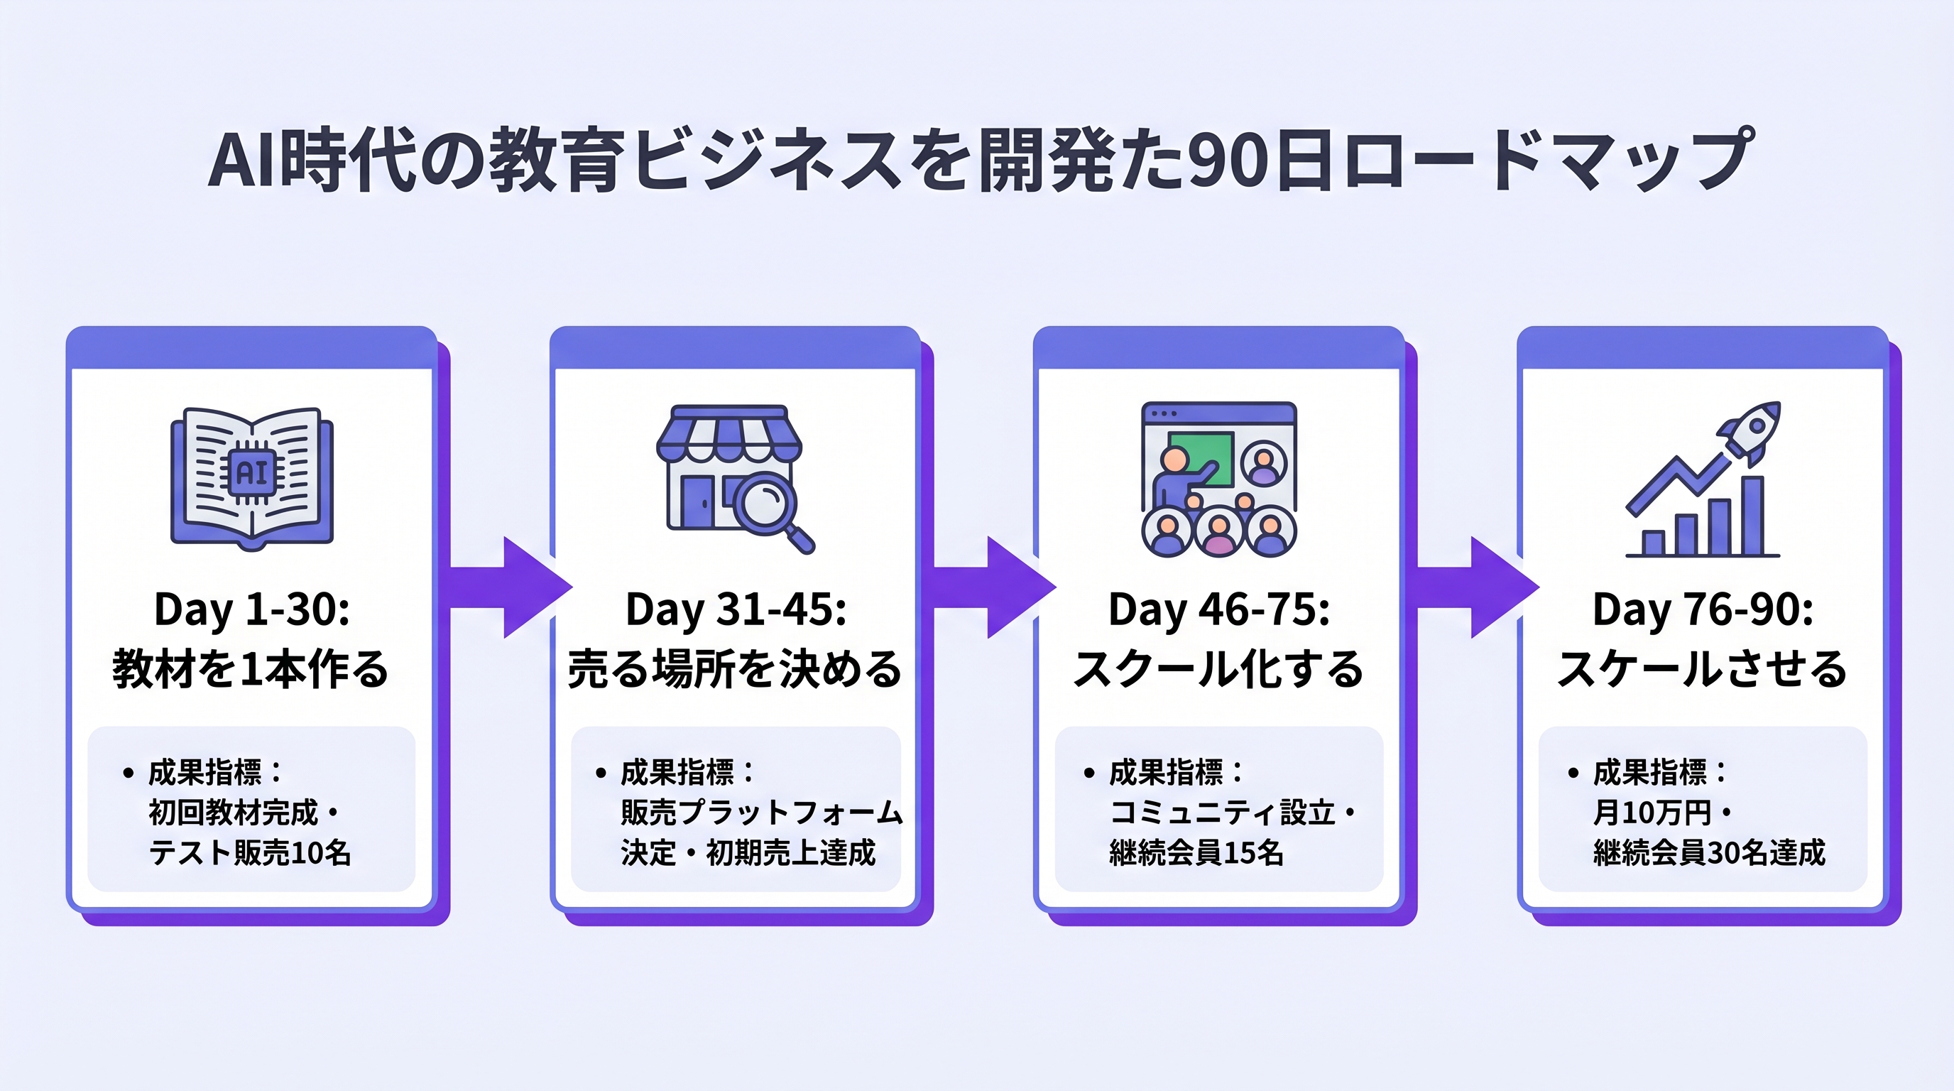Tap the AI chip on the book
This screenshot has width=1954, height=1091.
click(252, 472)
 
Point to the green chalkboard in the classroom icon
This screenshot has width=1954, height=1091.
click(1200, 457)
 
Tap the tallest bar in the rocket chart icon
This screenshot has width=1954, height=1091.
click(1753, 516)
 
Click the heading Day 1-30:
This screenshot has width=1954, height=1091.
click(252, 609)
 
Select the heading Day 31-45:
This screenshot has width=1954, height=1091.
click(735, 609)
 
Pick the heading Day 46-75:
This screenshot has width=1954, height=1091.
click(1219, 609)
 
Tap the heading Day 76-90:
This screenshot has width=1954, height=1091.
click(1703, 609)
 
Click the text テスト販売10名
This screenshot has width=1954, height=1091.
click(251, 853)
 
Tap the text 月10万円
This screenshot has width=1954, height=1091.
click(1652, 813)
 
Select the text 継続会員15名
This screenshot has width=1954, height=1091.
click(1196, 853)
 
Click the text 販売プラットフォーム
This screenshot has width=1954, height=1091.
click(761, 813)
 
